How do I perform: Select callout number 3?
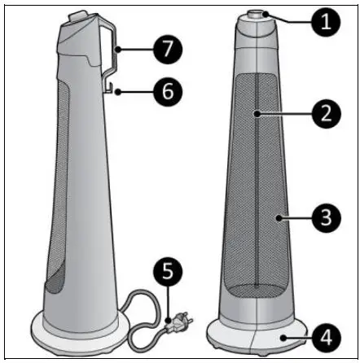pos(325,217)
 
